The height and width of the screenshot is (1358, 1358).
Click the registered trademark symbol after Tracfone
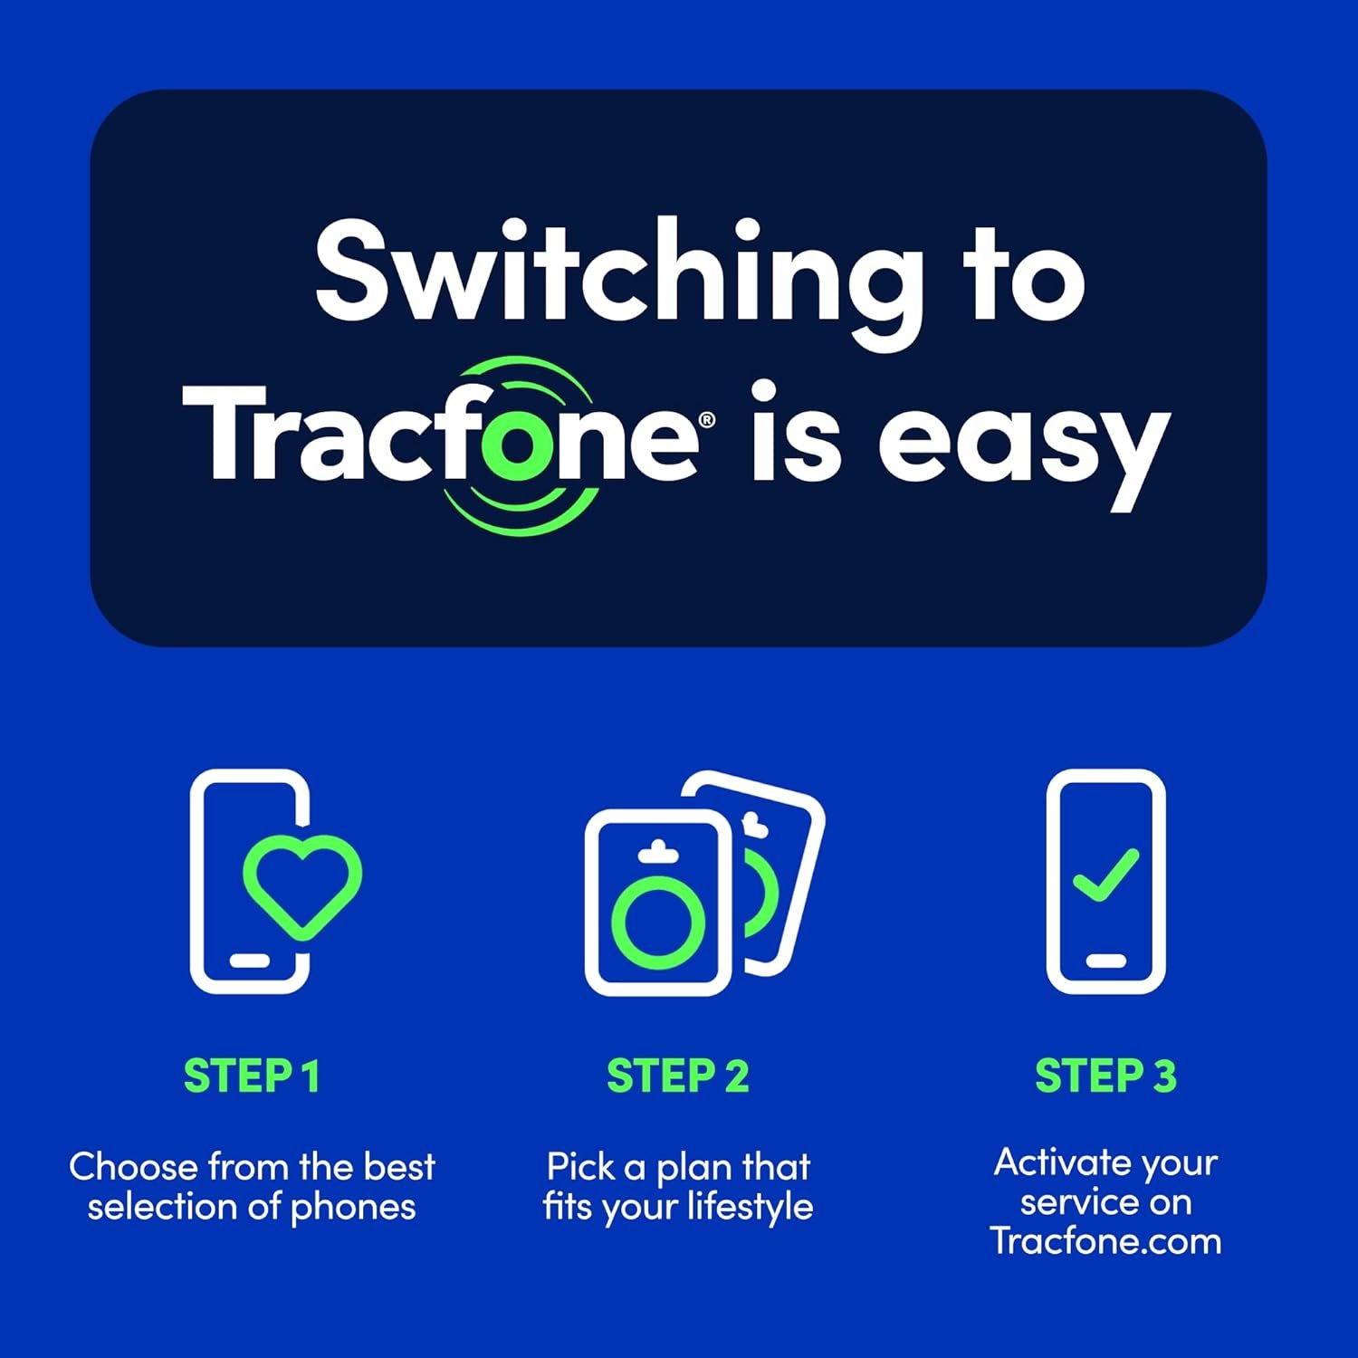pyautogui.click(x=707, y=419)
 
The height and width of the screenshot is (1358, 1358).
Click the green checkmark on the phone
pyautogui.click(x=1105, y=875)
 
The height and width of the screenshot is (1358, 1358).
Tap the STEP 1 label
pyautogui.click(x=252, y=1076)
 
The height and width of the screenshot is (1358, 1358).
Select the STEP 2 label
pyautogui.click(x=678, y=1076)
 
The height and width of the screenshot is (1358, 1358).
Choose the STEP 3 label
pyautogui.click(x=1105, y=1076)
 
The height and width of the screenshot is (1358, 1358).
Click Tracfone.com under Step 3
pyautogui.click(x=1105, y=1241)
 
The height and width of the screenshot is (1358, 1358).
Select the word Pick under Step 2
pyautogui.click(x=581, y=1167)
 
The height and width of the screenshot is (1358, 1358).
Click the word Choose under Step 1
pyautogui.click(x=133, y=1167)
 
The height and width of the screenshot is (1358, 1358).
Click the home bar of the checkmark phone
pyautogui.click(x=1105, y=961)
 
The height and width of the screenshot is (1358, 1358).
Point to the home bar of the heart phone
pyautogui.click(x=249, y=961)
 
